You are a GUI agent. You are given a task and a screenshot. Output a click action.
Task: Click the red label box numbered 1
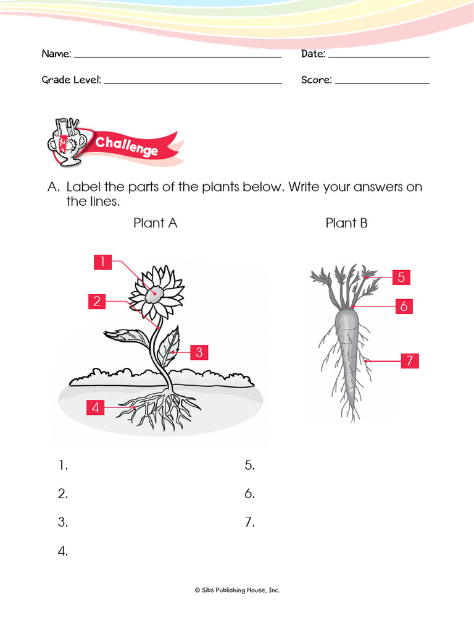tap(103, 262)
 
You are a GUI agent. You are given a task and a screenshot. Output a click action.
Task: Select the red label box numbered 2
tap(97, 302)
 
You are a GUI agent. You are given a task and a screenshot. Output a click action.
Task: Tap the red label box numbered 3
tap(199, 352)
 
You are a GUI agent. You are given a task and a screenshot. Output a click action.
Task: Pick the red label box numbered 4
tap(96, 407)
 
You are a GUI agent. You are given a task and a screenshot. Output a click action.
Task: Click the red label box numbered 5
tap(401, 278)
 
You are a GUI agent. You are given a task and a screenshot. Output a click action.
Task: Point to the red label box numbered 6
tap(404, 306)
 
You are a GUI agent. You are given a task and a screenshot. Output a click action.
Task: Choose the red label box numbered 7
tap(409, 361)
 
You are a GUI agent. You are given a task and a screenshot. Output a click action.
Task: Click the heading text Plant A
tap(156, 223)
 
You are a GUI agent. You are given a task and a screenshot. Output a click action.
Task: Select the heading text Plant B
tap(346, 223)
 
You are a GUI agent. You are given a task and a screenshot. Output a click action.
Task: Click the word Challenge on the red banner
tap(127, 147)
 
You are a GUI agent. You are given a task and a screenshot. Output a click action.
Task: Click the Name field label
tap(56, 54)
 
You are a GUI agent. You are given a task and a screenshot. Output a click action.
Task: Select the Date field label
tap(313, 54)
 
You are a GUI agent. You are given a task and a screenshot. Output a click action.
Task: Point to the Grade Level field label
tap(71, 80)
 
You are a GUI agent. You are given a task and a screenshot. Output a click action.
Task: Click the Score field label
tap(316, 80)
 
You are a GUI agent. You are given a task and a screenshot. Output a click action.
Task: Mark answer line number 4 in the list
tap(63, 551)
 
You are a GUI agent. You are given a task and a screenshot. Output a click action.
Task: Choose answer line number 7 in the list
tap(249, 522)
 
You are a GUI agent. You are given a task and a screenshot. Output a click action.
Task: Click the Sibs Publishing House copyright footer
tap(237, 590)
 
